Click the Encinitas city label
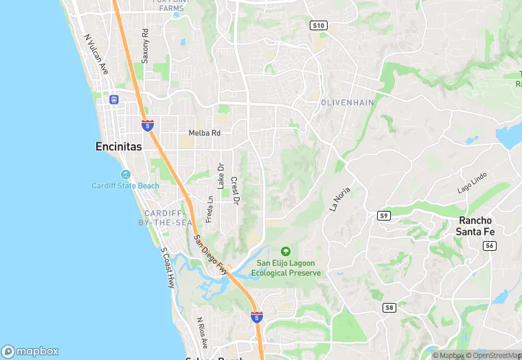[118, 146]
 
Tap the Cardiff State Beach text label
[126, 185]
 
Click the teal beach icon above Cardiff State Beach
[125, 174]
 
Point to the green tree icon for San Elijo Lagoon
[286, 251]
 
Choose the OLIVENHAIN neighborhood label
[348, 102]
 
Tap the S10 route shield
[317, 25]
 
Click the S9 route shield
[384, 216]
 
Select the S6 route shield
[489, 245]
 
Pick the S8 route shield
[389, 307]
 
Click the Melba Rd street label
[205, 133]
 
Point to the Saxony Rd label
[145, 46]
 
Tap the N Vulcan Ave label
[96, 54]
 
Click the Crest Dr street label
[234, 190]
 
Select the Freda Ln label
[209, 209]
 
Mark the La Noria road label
[340, 198]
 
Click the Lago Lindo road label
[472, 182]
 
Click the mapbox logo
[30, 350]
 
